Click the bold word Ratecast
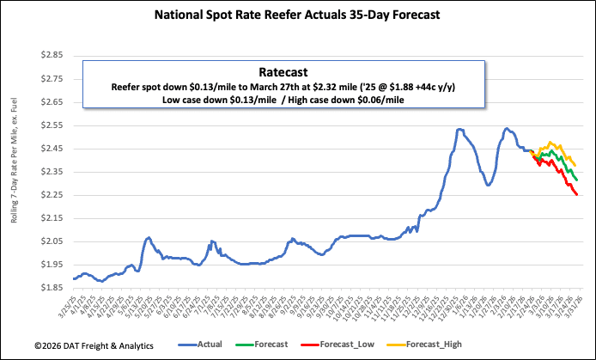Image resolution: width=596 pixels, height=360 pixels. pos(283,73)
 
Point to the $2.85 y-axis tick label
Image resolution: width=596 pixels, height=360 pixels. pos(52,55)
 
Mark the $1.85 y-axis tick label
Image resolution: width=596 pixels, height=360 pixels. pos(52,288)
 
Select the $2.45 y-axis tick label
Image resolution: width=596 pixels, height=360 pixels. pos(52,148)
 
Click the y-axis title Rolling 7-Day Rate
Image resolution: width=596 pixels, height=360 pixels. pos(15,172)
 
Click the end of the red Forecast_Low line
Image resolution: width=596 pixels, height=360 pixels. pos(576,195)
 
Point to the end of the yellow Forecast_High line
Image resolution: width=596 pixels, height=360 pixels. pos(575,165)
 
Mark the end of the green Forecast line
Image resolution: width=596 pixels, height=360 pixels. pos(576,180)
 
